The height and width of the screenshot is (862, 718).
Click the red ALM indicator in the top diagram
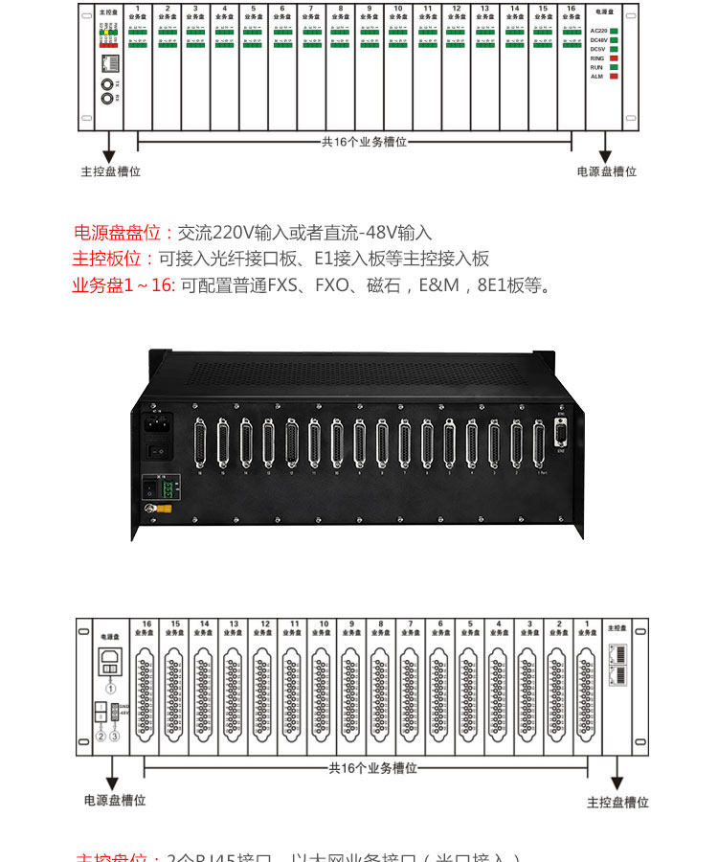pyautogui.click(x=614, y=77)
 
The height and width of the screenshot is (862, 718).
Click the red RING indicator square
pyautogui.click(x=614, y=58)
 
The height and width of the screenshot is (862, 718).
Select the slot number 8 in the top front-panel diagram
pyautogui.click(x=340, y=9)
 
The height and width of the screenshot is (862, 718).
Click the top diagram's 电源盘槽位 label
pyautogui.click(x=606, y=172)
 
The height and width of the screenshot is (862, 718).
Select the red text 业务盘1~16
pyautogui.click(x=123, y=285)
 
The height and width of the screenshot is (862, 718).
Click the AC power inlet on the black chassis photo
pyautogui.click(x=157, y=422)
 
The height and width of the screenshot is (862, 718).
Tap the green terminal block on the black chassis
pyautogui.click(x=166, y=488)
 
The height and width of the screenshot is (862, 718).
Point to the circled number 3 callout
pyautogui.click(x=115, y=736)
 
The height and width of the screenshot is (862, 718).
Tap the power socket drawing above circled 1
pyautogui.click(x=110, y=660)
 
